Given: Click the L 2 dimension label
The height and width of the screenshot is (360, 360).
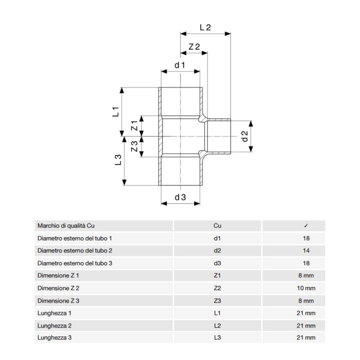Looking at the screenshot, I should tap(205, 27).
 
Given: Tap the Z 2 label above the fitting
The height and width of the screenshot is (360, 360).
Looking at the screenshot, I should tap(194, 47).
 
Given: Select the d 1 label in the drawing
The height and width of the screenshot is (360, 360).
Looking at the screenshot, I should tap(180, 65).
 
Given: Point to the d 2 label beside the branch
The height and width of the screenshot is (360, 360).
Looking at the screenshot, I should tap(244, 136).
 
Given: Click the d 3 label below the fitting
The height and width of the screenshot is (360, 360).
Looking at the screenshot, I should tap(180, 197).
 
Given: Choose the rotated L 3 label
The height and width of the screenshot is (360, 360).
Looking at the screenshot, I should tap(118, 160).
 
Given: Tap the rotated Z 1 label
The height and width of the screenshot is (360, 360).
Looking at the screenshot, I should tap(134, 126).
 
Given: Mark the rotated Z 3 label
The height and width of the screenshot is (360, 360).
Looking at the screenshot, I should tap(134, 147).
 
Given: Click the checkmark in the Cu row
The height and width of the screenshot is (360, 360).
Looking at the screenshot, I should tap(306, 226).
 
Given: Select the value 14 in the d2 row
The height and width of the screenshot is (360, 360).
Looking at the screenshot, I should tap(306, 251).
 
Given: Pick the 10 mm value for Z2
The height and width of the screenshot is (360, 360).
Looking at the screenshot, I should tap(306, 288).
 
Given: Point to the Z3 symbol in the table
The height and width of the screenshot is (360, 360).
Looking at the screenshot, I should tap(217, 301).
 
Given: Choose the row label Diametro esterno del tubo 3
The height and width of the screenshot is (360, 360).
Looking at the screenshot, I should tap(75, 263).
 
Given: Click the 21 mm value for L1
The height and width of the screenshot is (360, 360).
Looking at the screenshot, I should tap(306, 313).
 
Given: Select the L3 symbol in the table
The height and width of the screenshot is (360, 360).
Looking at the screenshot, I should tap(217, 338).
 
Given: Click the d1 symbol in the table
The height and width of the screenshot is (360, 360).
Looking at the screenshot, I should tap(217, 238).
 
